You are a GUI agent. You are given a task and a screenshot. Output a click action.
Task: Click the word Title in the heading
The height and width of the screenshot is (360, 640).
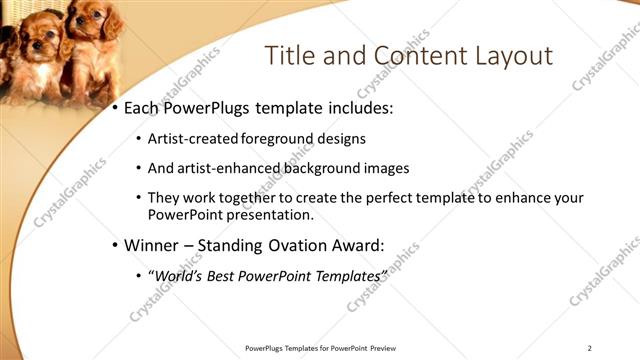tap(288, 55)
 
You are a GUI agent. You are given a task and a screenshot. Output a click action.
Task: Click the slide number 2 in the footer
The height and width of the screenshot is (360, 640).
tap(590, 348)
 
